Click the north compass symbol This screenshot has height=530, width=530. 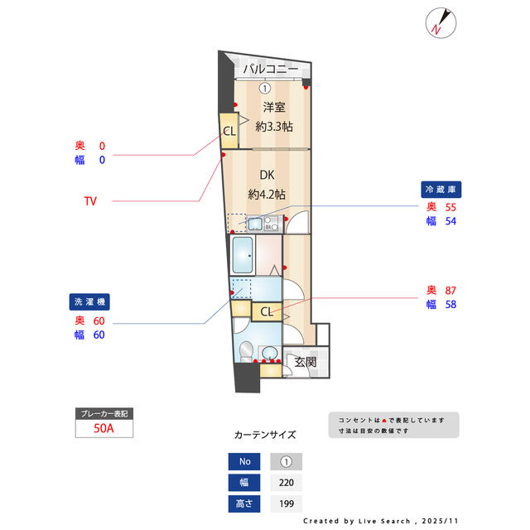pyautogui.click(x=438, y=22)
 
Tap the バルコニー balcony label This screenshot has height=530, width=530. pyautogui.click(x=271, y=70)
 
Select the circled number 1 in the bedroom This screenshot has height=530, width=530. pyautogui.click(x=264, y=89)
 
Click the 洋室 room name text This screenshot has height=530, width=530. pyautogui.click(x=274, y=107)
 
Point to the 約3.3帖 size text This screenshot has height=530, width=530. pyautogui.click(x=273, y=127)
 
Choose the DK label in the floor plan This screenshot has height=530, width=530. pyautogui.click(x=267, y=175)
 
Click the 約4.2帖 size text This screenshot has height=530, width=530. pyautogui.click(x=267, y=195)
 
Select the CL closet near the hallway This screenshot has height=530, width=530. pyautogui.click(x=266, y=311)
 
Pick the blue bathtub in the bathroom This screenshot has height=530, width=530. pyautogui.click(x=243, y=256)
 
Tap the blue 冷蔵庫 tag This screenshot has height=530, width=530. pyautogui.click(x=439, y=189)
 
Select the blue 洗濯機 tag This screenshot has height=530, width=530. pyautogui.click(x=90, y=302)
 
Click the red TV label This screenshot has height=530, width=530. pyautogui.click(x=90, y=200)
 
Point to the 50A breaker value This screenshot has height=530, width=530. pyautogui.click(x=104, y=428)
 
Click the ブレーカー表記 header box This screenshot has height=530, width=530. pyautogui.click(x=104, y=412)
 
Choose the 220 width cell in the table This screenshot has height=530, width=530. pyautogui.click(x=287, y=482)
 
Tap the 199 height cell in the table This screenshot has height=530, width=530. pyautogui.click(x=287, y=503)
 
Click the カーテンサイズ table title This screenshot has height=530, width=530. pyautogui.click(x=265, y=434)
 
